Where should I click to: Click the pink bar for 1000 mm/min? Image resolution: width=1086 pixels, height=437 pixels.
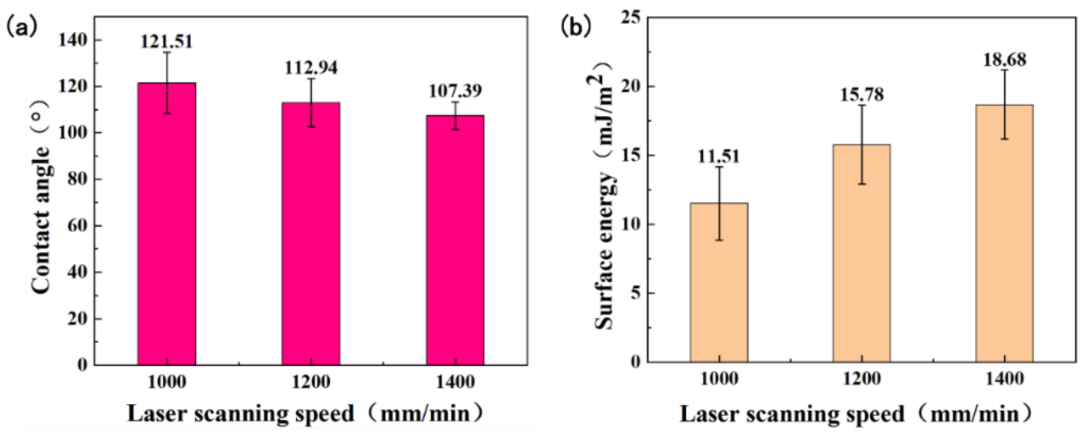point(167,236)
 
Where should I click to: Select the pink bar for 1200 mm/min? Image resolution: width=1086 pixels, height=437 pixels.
point(311,244)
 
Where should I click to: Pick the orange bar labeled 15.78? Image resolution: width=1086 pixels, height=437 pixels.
point(861,261)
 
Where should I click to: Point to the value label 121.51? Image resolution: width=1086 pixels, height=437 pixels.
point(167,42)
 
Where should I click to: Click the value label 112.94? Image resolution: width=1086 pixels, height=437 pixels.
point(311,68)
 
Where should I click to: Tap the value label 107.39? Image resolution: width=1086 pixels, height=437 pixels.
point(455,91)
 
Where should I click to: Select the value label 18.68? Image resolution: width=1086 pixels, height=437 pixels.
point(1004,60)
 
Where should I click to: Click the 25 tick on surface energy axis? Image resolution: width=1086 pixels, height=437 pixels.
point(631,17)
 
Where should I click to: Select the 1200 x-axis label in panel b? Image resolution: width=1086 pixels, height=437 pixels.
point(861,379)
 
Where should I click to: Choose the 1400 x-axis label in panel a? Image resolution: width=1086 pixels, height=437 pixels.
point(455,382)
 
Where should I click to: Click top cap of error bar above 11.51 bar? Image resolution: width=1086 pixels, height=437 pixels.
point(719,167)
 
